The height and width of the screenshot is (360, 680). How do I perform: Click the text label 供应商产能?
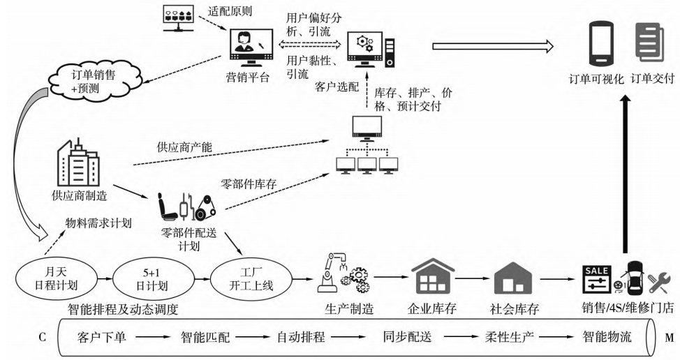[x=179, y=148]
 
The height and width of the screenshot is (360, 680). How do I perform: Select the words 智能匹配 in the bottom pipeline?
[x=202, y=338]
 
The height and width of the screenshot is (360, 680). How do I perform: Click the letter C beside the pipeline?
[x=43, y=338]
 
